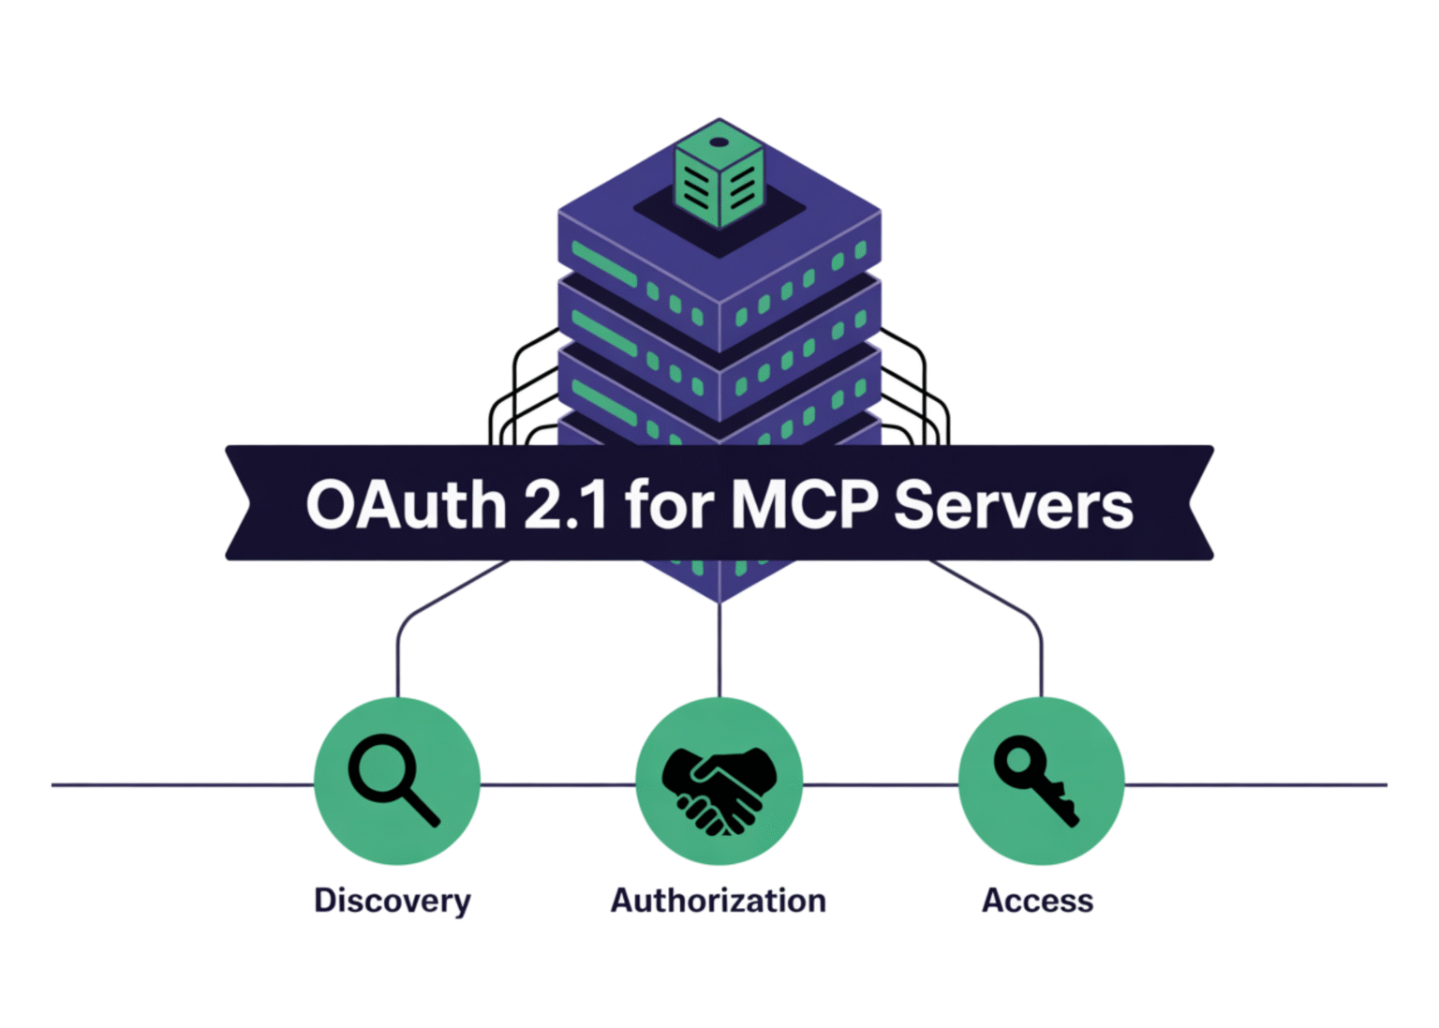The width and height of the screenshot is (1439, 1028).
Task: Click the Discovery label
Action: (x=393, y=901)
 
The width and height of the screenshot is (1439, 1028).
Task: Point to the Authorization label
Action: (x=719, y=901)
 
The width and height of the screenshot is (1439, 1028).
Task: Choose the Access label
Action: (x=1037, y=901)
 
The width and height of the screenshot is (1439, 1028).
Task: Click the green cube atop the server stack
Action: (x=719, y=178)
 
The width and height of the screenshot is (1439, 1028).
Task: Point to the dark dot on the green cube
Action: (x=719, y=142)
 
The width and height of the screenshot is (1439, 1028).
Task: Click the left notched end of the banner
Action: (x=240, y=503)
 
